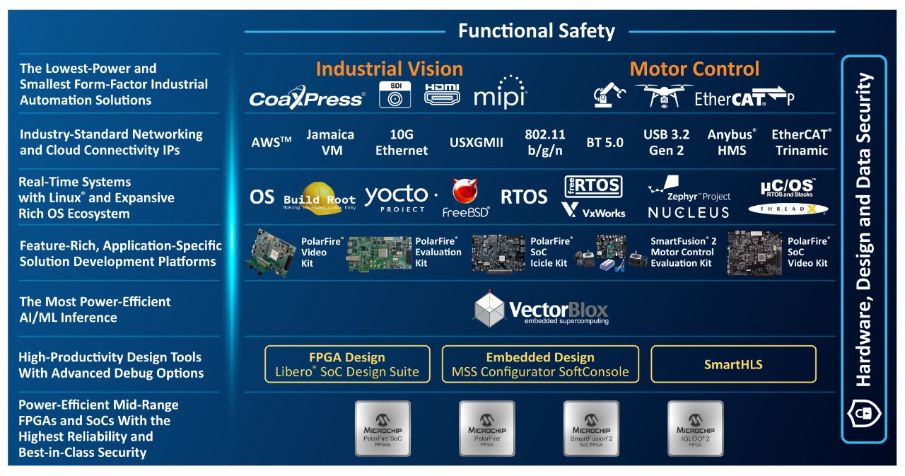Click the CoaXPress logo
307,98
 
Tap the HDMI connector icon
442,94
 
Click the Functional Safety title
536,31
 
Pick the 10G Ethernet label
401,142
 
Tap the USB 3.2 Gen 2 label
666,142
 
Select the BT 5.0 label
605,143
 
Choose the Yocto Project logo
400,197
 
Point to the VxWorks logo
594,210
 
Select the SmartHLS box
732,364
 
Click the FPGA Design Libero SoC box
346,364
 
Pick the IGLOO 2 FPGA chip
696,428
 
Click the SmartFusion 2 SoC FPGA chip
591,428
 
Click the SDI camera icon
395,95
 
